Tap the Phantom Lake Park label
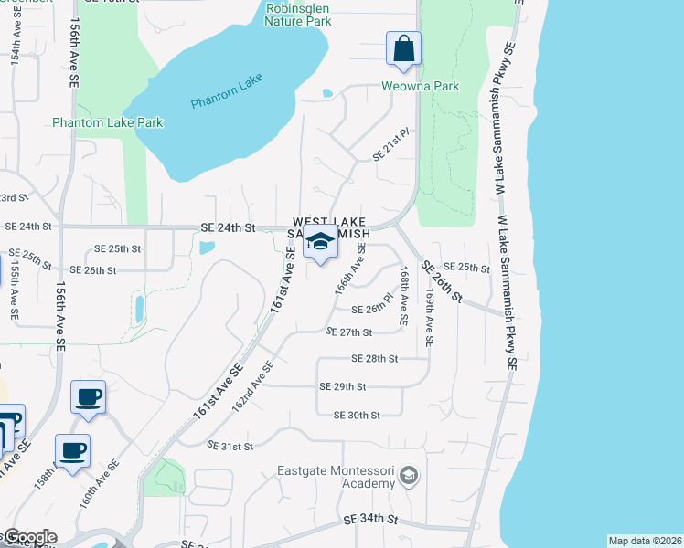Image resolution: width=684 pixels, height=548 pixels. tap(107, 122)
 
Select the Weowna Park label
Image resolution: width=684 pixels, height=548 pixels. tap(422, 87)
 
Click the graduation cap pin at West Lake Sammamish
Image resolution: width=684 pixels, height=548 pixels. tap(320, 242)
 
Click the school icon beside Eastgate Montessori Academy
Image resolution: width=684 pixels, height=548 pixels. tap(410, 475)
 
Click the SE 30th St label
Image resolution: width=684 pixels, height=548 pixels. tap(357, 415)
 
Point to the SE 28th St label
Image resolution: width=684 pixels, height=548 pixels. tap(374, 359)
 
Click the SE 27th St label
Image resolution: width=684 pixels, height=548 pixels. tap(348, 332)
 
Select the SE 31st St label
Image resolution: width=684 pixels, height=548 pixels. tap(230, 446)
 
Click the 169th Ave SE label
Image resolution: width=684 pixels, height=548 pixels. tap(429, 319)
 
